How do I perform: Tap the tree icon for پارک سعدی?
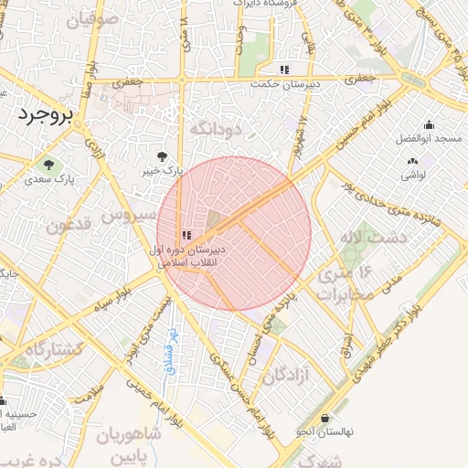(x=48, y=165)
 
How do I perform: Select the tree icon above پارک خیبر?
(x=163, y=156)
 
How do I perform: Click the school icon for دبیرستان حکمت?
(x=284, y=69)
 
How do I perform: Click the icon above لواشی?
(x=409, y=160)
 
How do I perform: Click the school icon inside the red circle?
(x=186, y=235)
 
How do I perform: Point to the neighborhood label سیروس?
(x=123, y=218)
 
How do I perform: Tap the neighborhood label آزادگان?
(x=287, y=374)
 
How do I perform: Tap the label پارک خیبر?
(x=167, y=171)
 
